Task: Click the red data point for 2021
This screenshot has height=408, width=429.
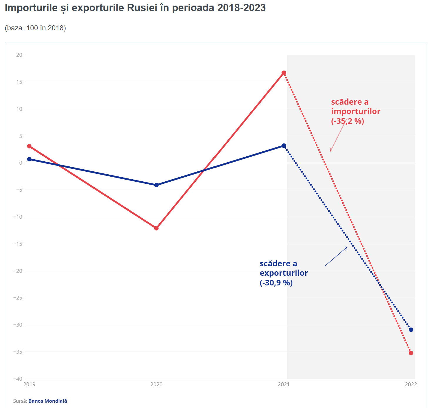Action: (284, 73)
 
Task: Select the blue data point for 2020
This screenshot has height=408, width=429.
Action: (156, 185)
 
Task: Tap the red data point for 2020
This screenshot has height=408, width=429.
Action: (156, 228)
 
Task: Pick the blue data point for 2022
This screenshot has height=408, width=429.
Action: (411, 330)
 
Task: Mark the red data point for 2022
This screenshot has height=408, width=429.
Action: (411, 353)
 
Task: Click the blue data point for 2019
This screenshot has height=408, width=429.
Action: (29, 159)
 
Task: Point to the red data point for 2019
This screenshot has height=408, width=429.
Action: (29, 146)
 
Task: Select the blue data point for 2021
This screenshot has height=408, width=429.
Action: (284, 146)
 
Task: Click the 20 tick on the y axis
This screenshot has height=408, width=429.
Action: (19, 55)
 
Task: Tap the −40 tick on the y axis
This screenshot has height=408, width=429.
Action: (18, 379)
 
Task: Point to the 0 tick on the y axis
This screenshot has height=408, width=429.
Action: (21, 163)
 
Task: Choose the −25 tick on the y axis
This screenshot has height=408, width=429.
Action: (18, 298)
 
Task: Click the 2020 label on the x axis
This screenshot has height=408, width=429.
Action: (156, 384)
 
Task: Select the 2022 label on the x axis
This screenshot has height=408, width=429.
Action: (411, 384)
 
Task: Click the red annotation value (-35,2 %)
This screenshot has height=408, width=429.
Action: (348, 121)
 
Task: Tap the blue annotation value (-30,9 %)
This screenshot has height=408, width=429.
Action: (276, 283)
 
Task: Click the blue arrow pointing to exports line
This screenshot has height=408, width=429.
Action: (336, 257)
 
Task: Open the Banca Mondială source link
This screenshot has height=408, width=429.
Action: (48, 401)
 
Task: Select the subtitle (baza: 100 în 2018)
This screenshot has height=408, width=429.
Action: (35, 28)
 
